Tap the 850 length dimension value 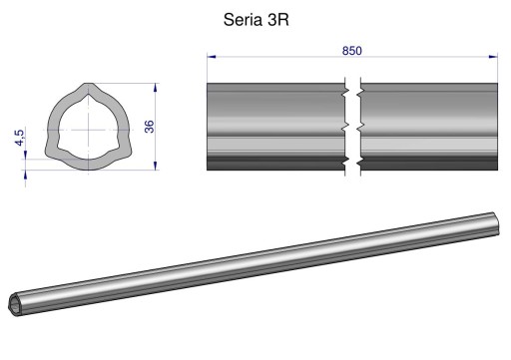click(352, 51)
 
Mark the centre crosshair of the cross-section click(89, 130)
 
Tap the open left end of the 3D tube click(17, 305)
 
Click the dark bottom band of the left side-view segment click(274, 163)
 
